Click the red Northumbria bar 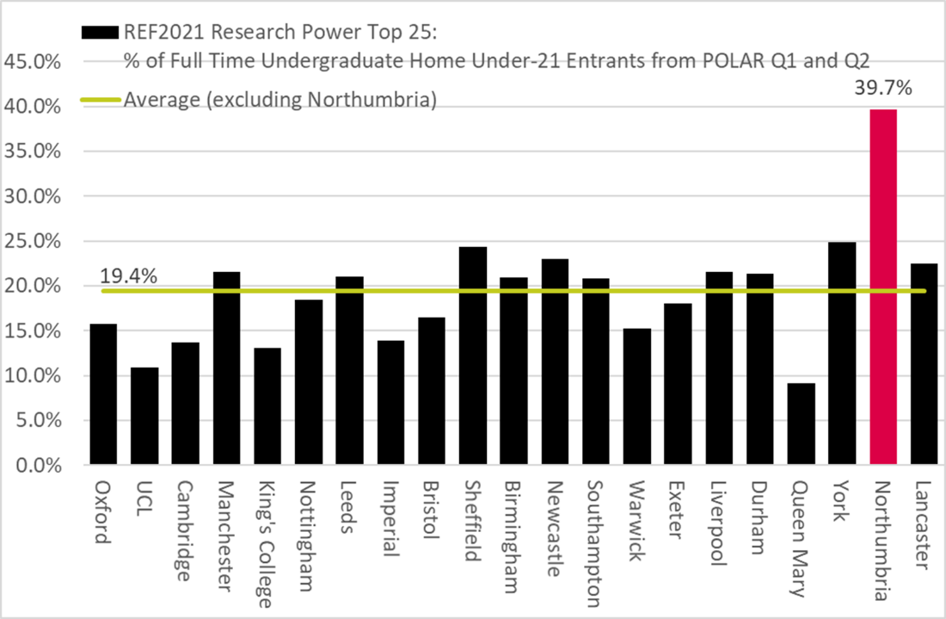click(882, 288)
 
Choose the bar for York click(842, 354)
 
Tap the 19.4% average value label click(129, 277)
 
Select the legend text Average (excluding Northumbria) click(280, 100)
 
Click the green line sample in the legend click(101, 100)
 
